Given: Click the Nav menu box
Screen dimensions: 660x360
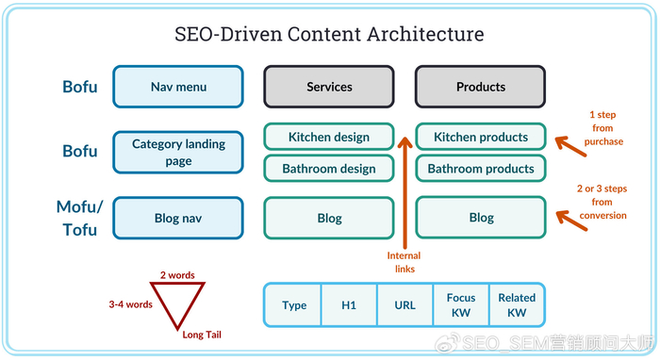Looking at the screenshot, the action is point(178,87).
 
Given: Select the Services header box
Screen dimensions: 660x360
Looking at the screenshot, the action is point(329,87).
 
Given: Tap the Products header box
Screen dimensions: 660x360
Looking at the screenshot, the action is point(481,87).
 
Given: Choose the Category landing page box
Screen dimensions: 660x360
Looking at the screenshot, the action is point(178,153).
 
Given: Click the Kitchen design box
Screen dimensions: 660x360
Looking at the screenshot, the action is point(329,137).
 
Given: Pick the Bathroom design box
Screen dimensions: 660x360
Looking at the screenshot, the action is point(329,169).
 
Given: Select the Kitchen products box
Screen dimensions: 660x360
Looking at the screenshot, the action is point(481,137).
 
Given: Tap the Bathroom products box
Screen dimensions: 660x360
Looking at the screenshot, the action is point(481,169).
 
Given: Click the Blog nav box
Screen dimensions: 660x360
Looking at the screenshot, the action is point(178,218).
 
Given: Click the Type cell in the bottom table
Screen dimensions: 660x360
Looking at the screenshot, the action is point(293,305).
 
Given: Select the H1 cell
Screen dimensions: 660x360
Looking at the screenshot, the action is point(349,305).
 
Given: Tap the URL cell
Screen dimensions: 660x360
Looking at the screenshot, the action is point(404,305).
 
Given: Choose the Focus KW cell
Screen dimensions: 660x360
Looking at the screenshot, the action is point(461,305).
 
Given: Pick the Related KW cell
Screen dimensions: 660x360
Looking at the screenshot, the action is point(517,305).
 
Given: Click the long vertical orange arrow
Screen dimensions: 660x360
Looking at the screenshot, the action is point(404,192).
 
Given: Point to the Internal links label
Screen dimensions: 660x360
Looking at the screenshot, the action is point(404,262).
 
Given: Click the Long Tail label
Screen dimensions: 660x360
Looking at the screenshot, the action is point(202,335).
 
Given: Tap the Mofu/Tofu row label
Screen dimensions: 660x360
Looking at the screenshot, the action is point(79,219).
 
